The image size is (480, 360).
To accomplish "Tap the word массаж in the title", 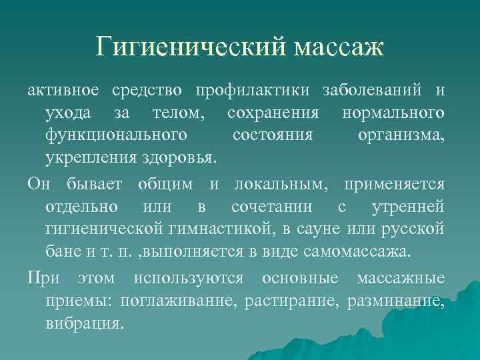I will tap(337, 47).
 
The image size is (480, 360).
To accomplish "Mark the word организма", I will tap(401, 135).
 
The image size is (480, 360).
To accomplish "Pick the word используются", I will tap(204, 278).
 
